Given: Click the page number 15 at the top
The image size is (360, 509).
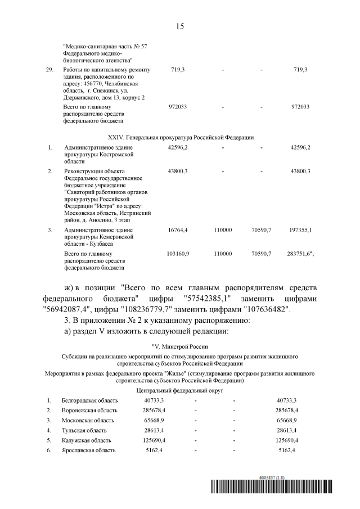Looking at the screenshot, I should click(x=180, y=26).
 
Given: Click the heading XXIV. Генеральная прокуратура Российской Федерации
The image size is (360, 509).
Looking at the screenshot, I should click(x=180, y=137).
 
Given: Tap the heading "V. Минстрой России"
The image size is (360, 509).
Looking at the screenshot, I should click(x=180, y=345).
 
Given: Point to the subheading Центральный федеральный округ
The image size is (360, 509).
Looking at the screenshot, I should click(x=180, y=389).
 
